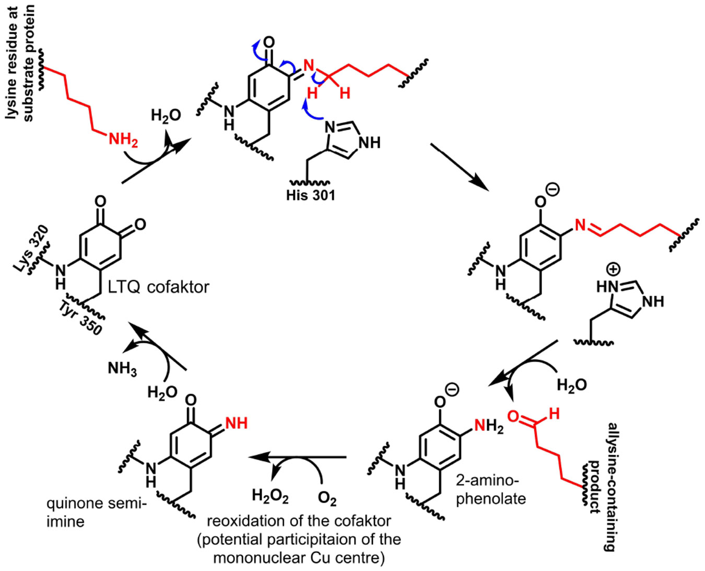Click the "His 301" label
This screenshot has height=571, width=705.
coord(310,195)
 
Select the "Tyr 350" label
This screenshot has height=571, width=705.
coord(80,318)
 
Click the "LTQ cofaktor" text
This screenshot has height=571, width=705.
coord(159,287)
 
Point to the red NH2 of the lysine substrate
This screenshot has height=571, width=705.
coord(123,139)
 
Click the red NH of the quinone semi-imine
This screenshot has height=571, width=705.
coord(236,423)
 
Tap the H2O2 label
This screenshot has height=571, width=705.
coord(270,496)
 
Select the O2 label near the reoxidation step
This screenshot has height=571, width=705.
coord(327,499)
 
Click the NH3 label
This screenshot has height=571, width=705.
coord(122,368)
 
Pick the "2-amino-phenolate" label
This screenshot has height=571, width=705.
coord(490,489)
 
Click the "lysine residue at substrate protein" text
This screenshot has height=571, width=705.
coord(20,63)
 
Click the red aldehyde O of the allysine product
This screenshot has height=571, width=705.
coord(513,417)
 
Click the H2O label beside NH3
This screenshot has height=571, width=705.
coord(162,392)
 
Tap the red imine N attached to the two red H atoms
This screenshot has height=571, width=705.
coord(308,66)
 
